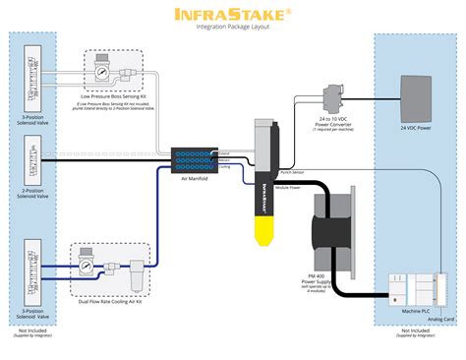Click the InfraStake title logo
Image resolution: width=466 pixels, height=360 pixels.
point(232,14)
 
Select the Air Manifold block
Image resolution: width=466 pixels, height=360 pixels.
point(190,157)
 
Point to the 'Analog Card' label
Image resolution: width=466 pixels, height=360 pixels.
point(441,320)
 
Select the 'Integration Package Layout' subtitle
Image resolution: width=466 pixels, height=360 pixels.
point(232,27)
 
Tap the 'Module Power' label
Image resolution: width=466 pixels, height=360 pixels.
point(290,183)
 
